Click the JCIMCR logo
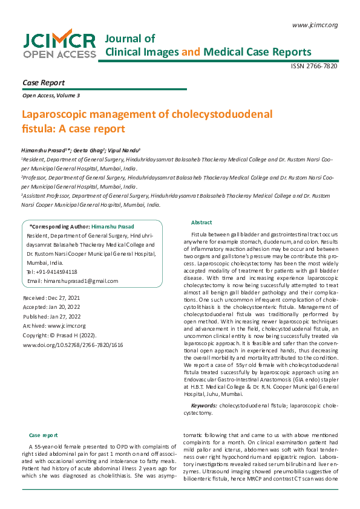pyautogui.click(x=59, y=45)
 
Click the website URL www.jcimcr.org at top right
pyautogui.click(x=315, y=25)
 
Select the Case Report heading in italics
pyautogui.click(x=43, y=82)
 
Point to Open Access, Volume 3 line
pyautogui.click(x=51, y=96)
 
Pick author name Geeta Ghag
pyautogui.click(x=90, y=148)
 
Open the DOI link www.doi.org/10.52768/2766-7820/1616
pyautogui.click(x=73, y=345)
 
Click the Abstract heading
pyautogui.click(x=201, y=222)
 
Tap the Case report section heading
pyautogui.click(x=44, y=435)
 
